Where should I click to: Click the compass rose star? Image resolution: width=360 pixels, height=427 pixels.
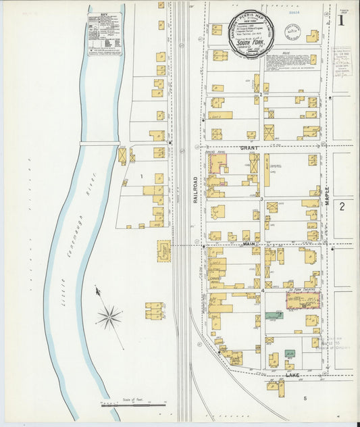pyautogui.click(x=109, y=316)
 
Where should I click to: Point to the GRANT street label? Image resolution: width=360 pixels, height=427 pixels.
pyautogui.click(x=249, y=147)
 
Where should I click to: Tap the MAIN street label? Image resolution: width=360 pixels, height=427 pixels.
pyautogui.click(x=249, y=243)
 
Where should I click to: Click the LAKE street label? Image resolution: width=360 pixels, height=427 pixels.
pyautogui.click(x=292, y=374)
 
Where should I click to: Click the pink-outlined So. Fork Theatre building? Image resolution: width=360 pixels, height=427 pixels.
pyautogui.click(x=303, y=300)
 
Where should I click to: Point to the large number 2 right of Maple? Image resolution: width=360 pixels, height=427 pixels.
pyautogui.click(x=342, y=205)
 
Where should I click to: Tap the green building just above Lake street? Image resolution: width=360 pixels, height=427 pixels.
pyautogui.click(x=289, y=353)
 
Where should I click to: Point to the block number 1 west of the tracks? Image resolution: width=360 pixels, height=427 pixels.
pyautogui.click(x=141, y=176)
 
